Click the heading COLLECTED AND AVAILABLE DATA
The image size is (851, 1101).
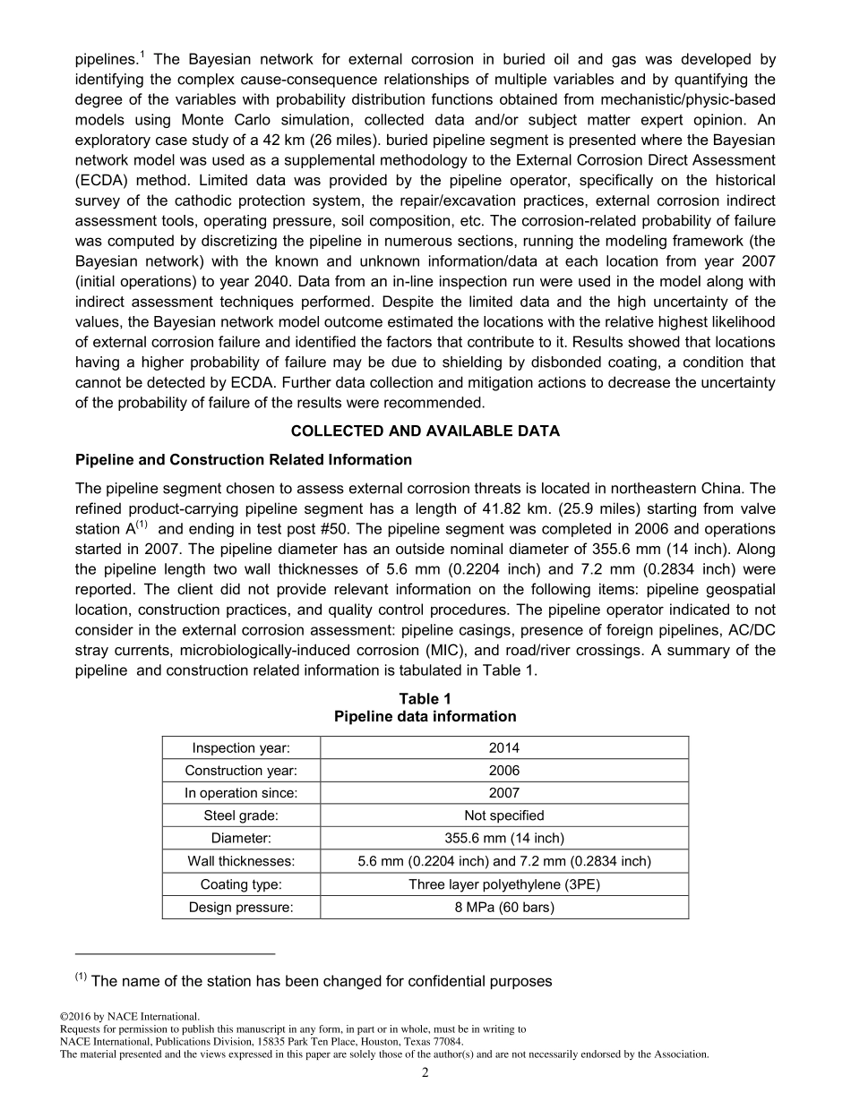tap(425, 431)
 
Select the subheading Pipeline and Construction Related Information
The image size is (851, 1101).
tap(244, 459)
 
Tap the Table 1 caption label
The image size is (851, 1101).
tap(425, 698)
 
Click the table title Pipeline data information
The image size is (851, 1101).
tap(425, 716)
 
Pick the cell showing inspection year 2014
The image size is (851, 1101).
tap(503, 747)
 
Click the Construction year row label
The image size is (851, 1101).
tap(241, 770)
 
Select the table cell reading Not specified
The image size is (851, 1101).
tap(503, 815)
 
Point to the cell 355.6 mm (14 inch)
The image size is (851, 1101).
tap(503, 839)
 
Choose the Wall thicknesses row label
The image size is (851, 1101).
tap(241, 861)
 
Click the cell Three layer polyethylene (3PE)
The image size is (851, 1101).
tap(503, 884)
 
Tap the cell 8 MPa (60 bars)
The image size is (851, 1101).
tap(503, 907)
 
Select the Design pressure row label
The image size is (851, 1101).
tap(241, 907)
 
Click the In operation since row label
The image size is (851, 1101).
tap(241, 792)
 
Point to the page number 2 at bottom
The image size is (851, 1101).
tap(425, 1073)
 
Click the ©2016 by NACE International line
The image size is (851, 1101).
tap(129, 1017)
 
